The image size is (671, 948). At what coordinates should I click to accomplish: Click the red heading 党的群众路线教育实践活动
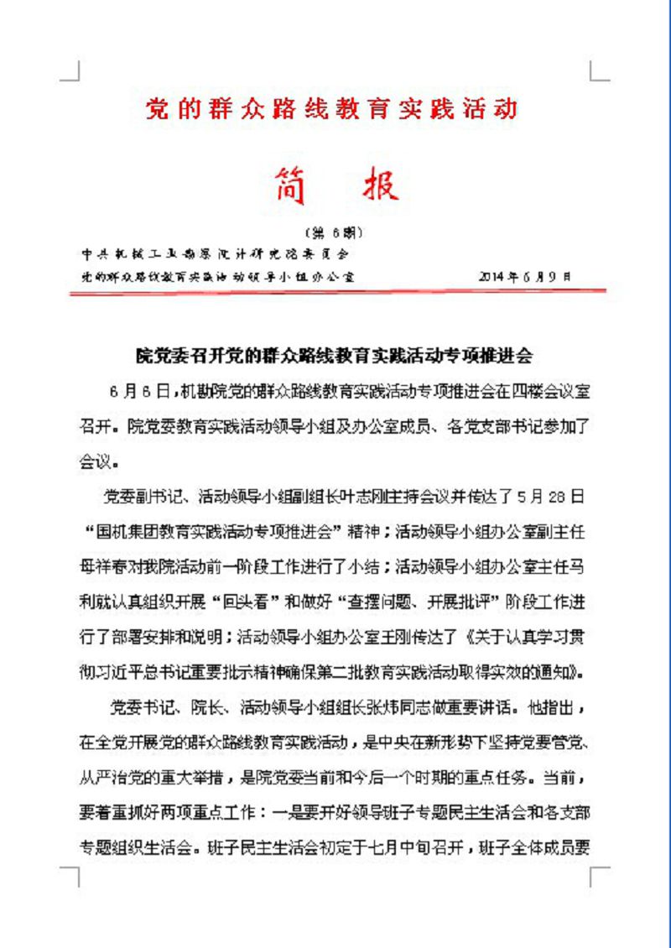331,109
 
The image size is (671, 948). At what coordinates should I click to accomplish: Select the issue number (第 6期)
335,232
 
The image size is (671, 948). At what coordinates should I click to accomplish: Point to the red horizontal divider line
335,291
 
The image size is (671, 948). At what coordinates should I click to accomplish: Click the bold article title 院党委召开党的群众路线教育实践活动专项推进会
335,355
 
